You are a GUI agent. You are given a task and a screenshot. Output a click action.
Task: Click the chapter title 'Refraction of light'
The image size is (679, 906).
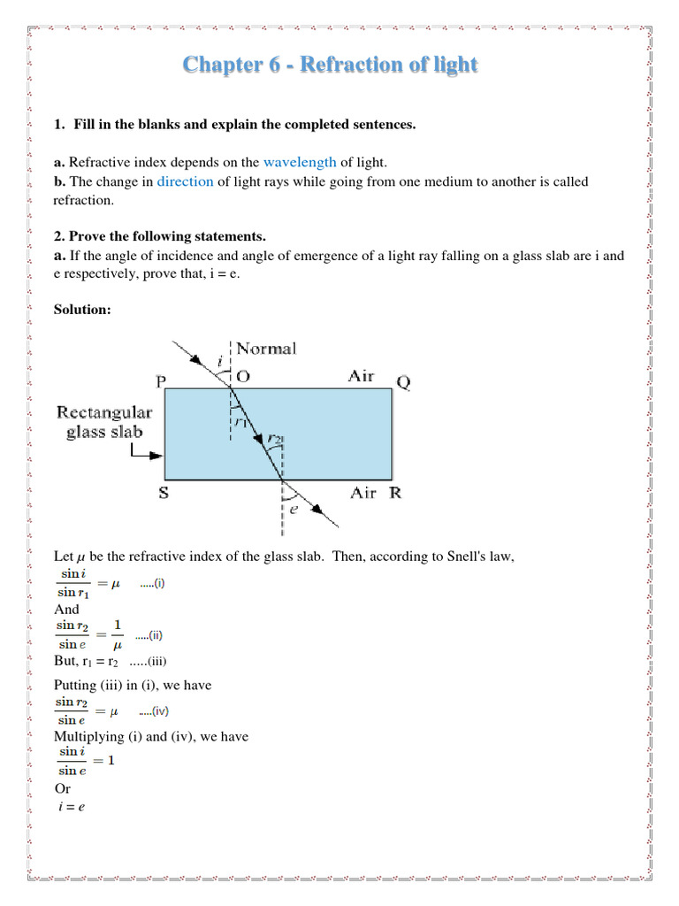point(330,65)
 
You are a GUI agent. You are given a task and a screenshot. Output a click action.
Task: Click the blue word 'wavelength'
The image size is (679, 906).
point(300,162)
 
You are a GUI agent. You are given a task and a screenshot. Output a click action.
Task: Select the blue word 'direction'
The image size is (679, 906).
point(185,181)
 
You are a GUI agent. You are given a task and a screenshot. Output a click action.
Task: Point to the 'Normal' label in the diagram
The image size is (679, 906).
point(266,349)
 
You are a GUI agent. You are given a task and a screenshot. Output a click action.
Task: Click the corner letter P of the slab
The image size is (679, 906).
point(161,382)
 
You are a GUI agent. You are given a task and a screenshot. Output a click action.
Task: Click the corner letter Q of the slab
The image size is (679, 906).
point(403,382)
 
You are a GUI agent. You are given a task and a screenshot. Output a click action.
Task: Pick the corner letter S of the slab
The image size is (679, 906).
point(164,493)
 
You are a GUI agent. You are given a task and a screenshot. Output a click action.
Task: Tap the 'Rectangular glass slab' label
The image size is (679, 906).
point(104,422)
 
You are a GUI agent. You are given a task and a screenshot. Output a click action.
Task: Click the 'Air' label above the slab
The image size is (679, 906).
point(361,377)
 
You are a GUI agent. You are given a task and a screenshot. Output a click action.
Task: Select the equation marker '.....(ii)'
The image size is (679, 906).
point(149,635)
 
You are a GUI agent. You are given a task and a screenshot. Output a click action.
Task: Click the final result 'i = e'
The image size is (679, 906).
point(70,808)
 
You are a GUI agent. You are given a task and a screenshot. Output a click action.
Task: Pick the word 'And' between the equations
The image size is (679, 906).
point(66,610)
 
